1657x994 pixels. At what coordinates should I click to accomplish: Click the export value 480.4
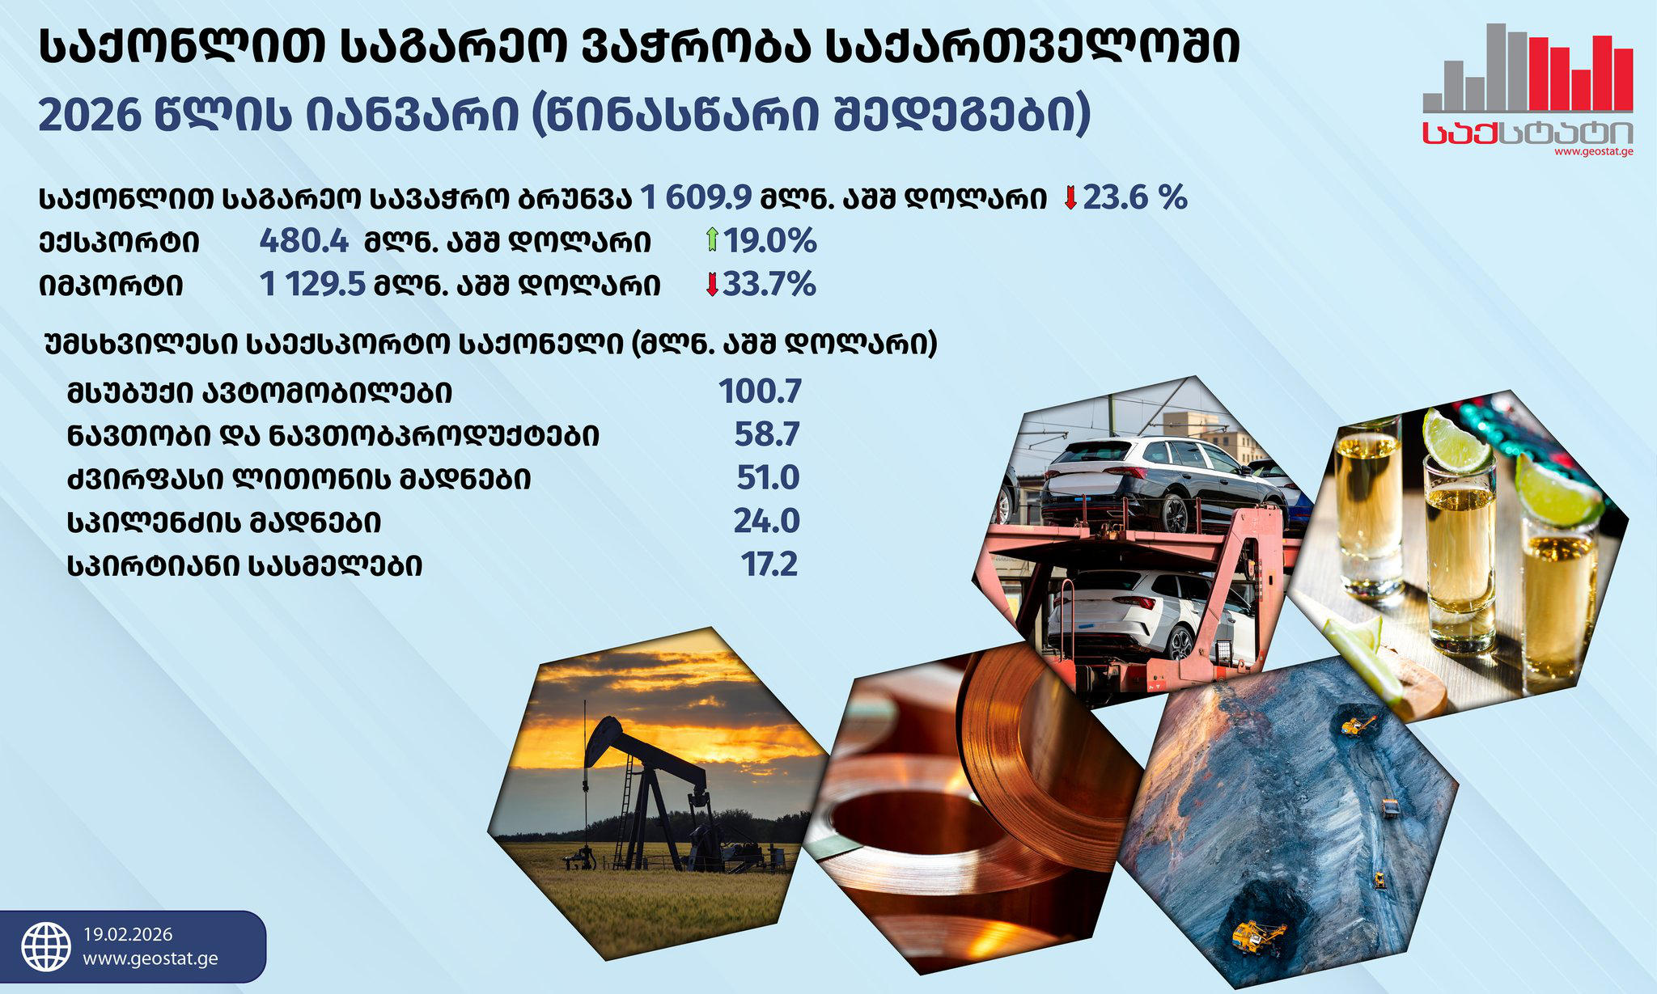point(303,241)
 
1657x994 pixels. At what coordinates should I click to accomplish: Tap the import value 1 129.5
point(312,285)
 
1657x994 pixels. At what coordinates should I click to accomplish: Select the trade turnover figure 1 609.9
point(696,197)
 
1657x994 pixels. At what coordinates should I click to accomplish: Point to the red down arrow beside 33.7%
point(712,285)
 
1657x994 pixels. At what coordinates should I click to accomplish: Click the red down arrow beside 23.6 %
point(1070,197)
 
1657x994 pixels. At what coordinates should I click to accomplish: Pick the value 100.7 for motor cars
point(760,391)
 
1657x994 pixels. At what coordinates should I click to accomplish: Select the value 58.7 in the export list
point(766,434)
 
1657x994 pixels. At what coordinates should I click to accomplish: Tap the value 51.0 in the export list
point(767,477)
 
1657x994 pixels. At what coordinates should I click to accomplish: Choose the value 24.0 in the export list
point(766,521)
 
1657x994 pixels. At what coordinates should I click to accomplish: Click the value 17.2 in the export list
point(769,564)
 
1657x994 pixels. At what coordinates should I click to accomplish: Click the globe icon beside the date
point(46,946)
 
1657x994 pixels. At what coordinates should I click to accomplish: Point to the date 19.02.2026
point(128,935)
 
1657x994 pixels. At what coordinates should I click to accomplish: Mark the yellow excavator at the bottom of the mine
point(1257,936)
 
